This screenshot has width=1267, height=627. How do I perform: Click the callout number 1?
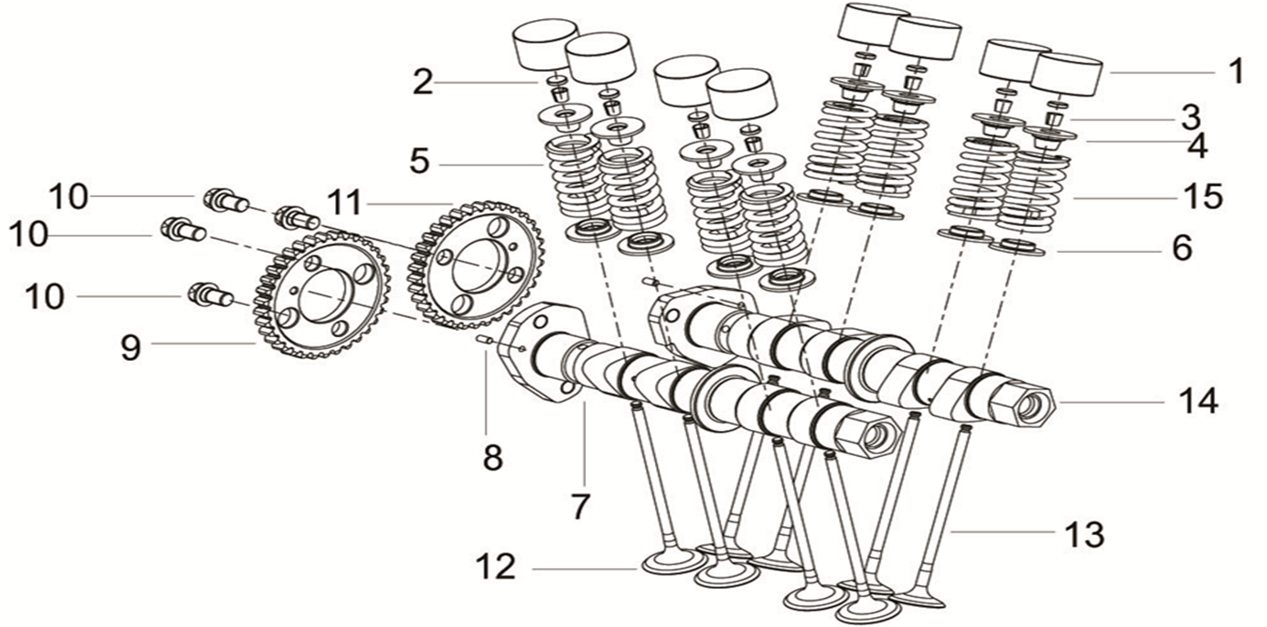point(1234,71)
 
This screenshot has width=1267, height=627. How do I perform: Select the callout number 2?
point(422,83)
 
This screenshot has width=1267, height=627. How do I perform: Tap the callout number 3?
point(1191,117)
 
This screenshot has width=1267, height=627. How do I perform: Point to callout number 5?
point(419,163)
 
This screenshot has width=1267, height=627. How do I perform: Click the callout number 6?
point(1181,248)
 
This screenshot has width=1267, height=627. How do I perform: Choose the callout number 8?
point(492,456)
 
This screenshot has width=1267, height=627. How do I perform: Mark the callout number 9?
point(132,346)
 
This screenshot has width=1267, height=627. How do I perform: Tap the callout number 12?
point(496,568)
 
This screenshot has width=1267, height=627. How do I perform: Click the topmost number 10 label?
point(69,196)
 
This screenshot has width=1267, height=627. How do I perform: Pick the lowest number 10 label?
point(45,296)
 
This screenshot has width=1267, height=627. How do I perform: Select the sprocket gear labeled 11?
point(476,264)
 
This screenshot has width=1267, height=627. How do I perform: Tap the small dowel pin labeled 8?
point(485,341)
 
